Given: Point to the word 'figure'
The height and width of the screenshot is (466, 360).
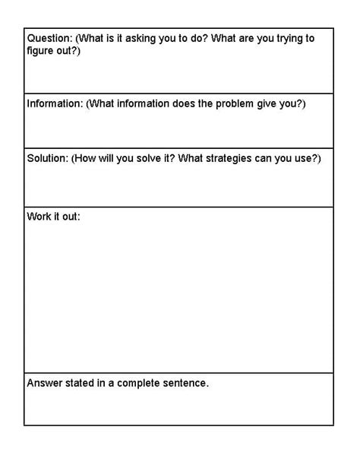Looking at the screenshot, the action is [42, 50].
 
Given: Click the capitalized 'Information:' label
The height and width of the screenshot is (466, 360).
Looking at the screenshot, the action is [55, 103].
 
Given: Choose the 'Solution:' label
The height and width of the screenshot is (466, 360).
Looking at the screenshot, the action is [47, 158].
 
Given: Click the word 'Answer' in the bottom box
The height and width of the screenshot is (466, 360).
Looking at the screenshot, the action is [45, 383].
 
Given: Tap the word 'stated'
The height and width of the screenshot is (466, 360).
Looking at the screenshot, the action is [81, 383].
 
